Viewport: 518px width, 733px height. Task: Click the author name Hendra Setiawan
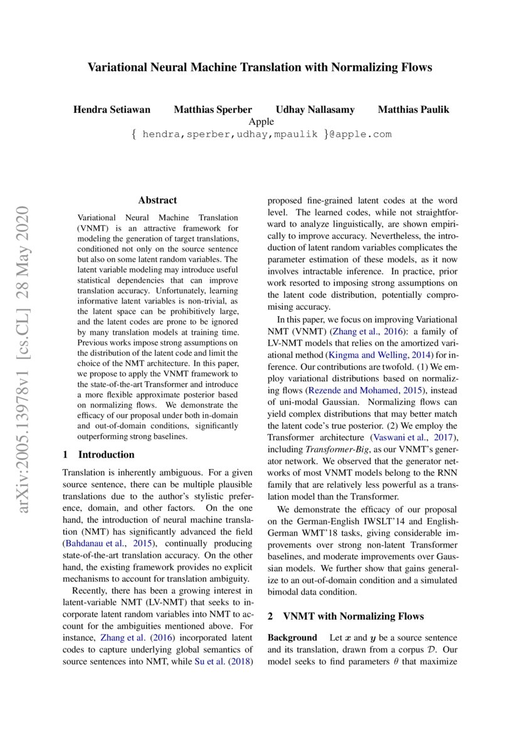[112, 110]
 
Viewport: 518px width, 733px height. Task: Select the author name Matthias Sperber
[213, 110]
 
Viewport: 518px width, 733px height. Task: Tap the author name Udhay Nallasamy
[315, 110]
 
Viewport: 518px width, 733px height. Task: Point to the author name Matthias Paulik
[413, 110]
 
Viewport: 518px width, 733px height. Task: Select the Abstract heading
[157, 201]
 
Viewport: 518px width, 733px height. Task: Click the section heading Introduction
[106, 455]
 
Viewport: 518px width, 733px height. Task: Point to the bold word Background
[292, 638]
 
